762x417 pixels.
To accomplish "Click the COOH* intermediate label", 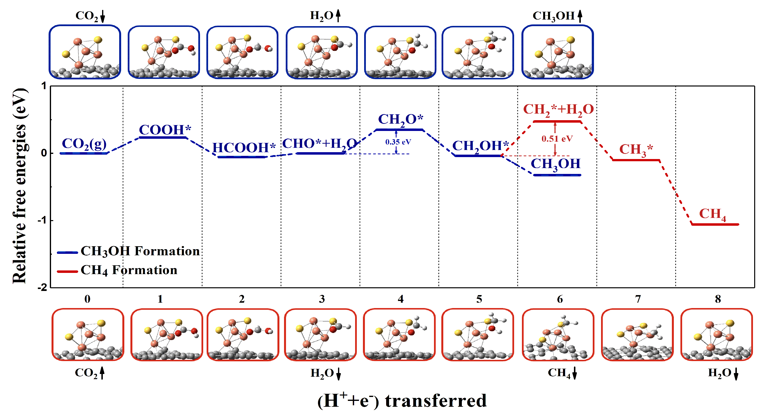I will tap(165, 130).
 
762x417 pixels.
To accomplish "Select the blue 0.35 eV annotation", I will tap(398, 142).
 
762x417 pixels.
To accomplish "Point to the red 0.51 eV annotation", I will tap(557, 139).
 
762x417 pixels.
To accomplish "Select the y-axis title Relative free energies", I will tap(20, 186).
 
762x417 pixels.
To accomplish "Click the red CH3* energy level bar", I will tap(636, 160).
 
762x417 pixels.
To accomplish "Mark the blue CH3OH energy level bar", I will tap(557, 175).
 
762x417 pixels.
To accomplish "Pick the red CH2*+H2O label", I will tap(558, 109).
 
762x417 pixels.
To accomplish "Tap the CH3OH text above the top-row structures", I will tap(553, 16).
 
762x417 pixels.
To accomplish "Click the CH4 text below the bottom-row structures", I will tap(559, 373).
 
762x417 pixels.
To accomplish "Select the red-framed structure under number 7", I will tap(637, 335).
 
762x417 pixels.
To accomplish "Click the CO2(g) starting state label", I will tap(84, 144).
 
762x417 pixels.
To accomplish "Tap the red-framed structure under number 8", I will tap(716, 335).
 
